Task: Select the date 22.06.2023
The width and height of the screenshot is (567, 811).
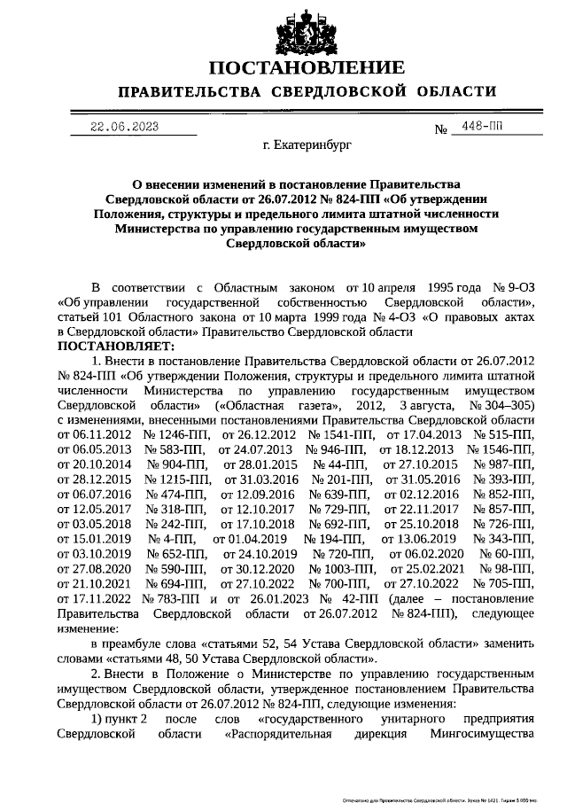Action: [x=125, y=127]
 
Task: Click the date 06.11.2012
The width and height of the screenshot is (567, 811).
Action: [x=95, y=434]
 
